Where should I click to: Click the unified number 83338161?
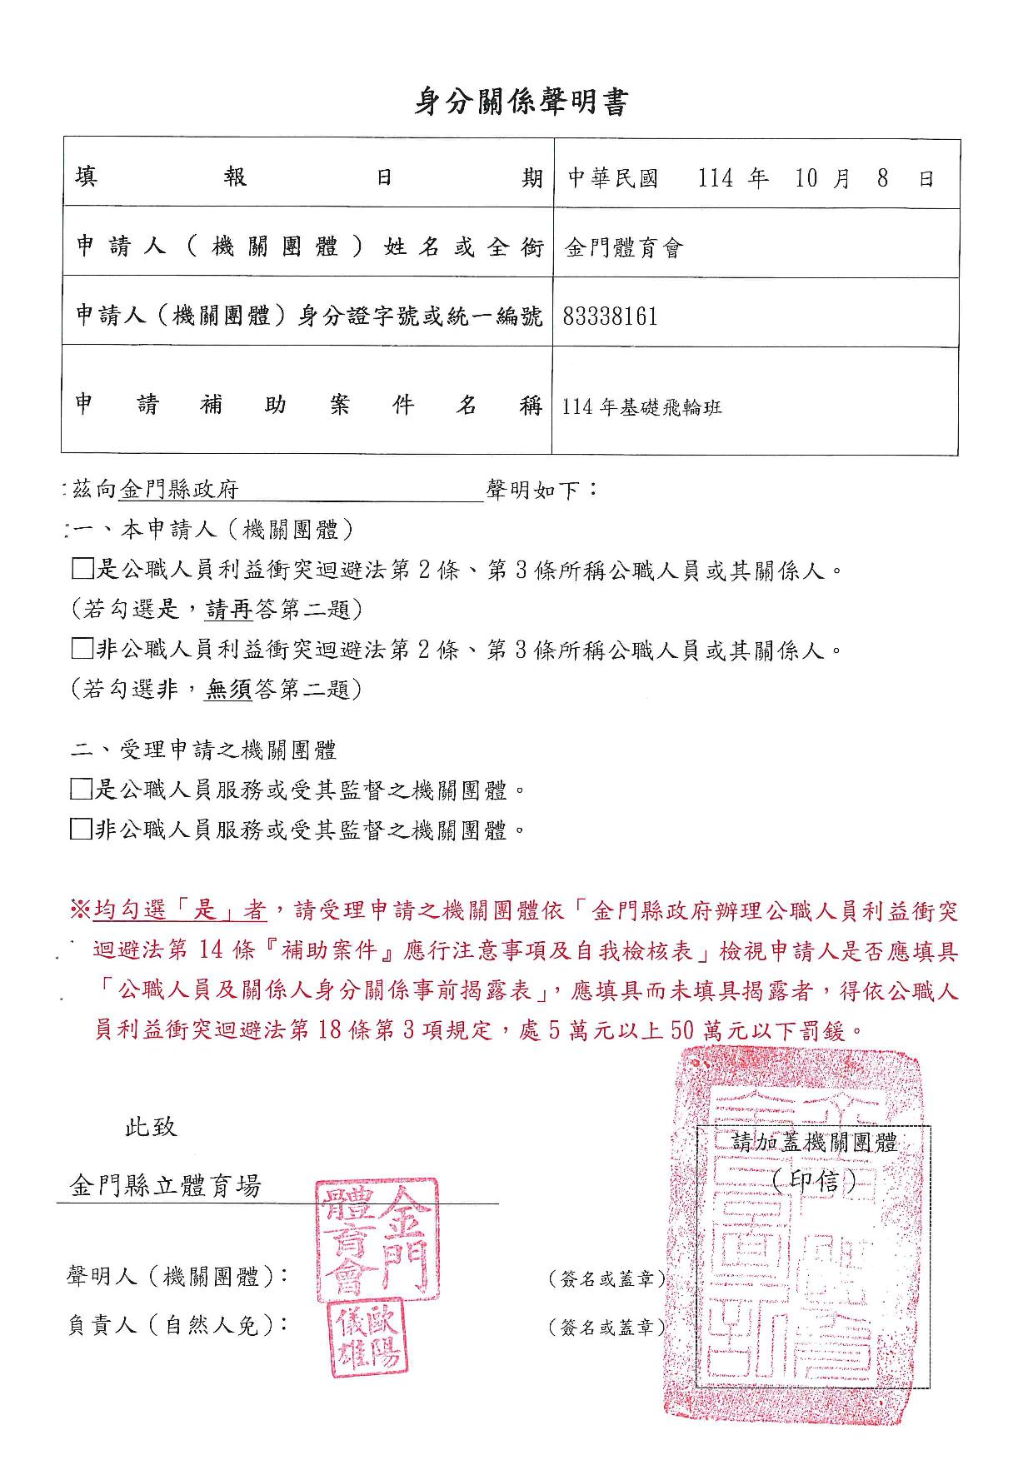click(x=611, y=316)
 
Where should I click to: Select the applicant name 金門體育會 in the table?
click(x=624, y=248)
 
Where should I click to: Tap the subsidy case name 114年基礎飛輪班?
click(x=641, y=407)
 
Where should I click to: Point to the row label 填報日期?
click(x=308, y=177)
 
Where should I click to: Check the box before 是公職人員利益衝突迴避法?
click(x=82, y=570)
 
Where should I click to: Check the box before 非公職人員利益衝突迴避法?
click(x=82, y=649)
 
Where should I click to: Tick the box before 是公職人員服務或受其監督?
click(x=81, y=790)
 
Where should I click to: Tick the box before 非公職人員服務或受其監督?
click(x=81, y=830)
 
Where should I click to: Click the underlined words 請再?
click(x=229, y=610)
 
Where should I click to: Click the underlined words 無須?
click(x=229, y=690)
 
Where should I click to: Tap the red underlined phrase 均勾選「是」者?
click(x=180, y=910)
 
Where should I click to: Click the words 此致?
click(x=151, y=1127)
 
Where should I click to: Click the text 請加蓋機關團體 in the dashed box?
click(x=814, y=1143)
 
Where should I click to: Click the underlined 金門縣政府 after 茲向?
click(x=179, y=490)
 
